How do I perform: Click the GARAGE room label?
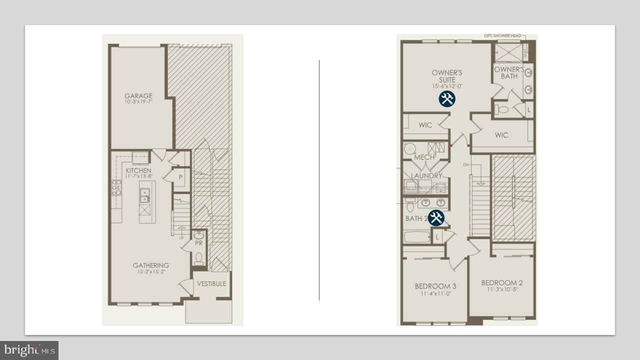[x=138, y=95]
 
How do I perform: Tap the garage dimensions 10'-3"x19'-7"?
[x=138, y=101]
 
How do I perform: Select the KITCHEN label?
[x=138, y=170]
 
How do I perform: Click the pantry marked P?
[x=180, y=177]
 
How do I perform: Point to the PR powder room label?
[x=198, y=243]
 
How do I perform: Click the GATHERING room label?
[x=150, y=265]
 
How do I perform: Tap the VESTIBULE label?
[x=211, y=283]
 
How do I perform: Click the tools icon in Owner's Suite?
[x=447, y=99]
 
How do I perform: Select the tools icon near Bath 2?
[x=436, y=218]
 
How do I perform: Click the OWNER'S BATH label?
[x=509, y=73]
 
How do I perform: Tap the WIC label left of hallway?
[x=425, y=125]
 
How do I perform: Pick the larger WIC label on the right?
[x=501, y=135]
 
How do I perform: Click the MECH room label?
[x=424, y=157]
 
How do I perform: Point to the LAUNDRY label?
[x=426, y=176]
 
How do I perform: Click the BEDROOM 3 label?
[x=435, y=286]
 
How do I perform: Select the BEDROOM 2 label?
[x=501, y=282]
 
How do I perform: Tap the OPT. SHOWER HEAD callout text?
[x=502, y=36]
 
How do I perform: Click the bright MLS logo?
[x=29, y=350]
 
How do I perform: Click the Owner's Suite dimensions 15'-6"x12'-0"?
[x=447, y=86]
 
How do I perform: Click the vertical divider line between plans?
[x=319, y=180]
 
